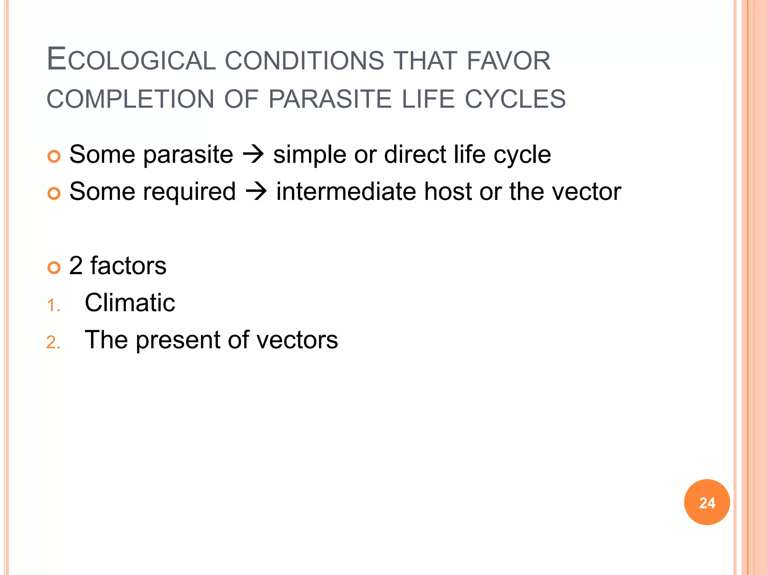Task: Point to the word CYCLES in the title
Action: click(515, 99)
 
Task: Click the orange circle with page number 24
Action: click(707, 502)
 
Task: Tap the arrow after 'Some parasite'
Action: click(253, 154)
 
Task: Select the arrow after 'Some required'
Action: click(256, 191)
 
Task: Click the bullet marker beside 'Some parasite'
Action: click(54, 156)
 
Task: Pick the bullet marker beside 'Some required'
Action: click(54, 193)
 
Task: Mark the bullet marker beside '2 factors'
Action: click(54, 268)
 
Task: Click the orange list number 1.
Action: click(53, 305)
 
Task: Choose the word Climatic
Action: click(130, 302)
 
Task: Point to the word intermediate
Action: click(346, 191)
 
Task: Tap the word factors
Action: click(128, 266)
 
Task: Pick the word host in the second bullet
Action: click(448, 191)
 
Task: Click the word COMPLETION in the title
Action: click(130, 99)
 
